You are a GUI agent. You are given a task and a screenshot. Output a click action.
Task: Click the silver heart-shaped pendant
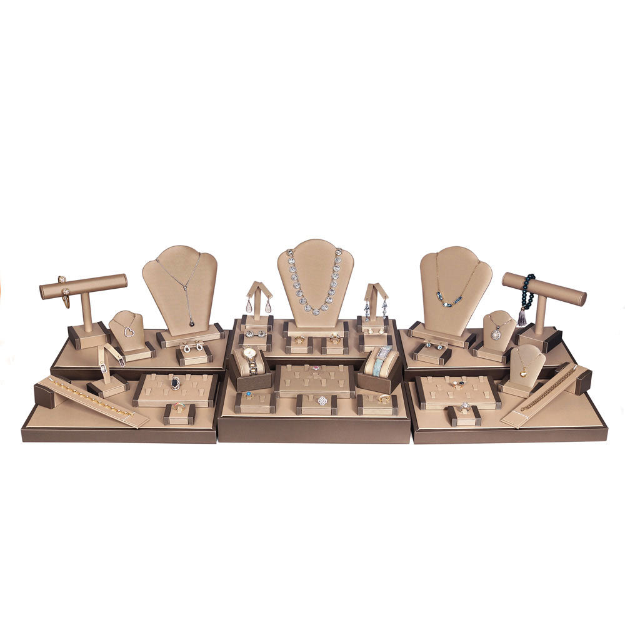(129, 332)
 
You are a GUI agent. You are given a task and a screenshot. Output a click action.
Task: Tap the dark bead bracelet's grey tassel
(522, 317)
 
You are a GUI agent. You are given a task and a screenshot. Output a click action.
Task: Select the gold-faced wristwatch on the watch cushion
(249, 354)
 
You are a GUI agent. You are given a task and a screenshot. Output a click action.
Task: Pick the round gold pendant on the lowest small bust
(522, 373)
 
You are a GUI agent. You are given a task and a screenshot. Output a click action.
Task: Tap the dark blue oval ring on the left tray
(176, 383)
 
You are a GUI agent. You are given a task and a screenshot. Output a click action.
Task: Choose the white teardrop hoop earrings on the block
(192, 346)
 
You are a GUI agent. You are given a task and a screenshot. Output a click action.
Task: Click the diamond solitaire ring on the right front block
(465, 407)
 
